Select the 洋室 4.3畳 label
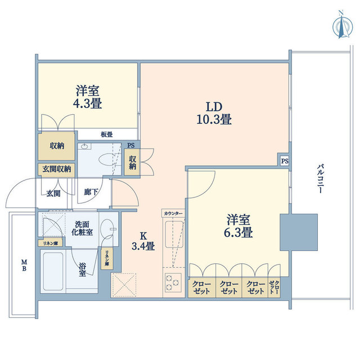tap(88, 96)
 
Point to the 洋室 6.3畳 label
tap(239, 225)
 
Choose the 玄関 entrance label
tap(54, 193)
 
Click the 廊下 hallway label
tap(91, 193)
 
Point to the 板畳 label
tap(106, 134)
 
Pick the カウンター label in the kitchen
tap(172, 214)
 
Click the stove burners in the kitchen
tap(172, 285)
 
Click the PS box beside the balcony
tap(285, 161)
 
